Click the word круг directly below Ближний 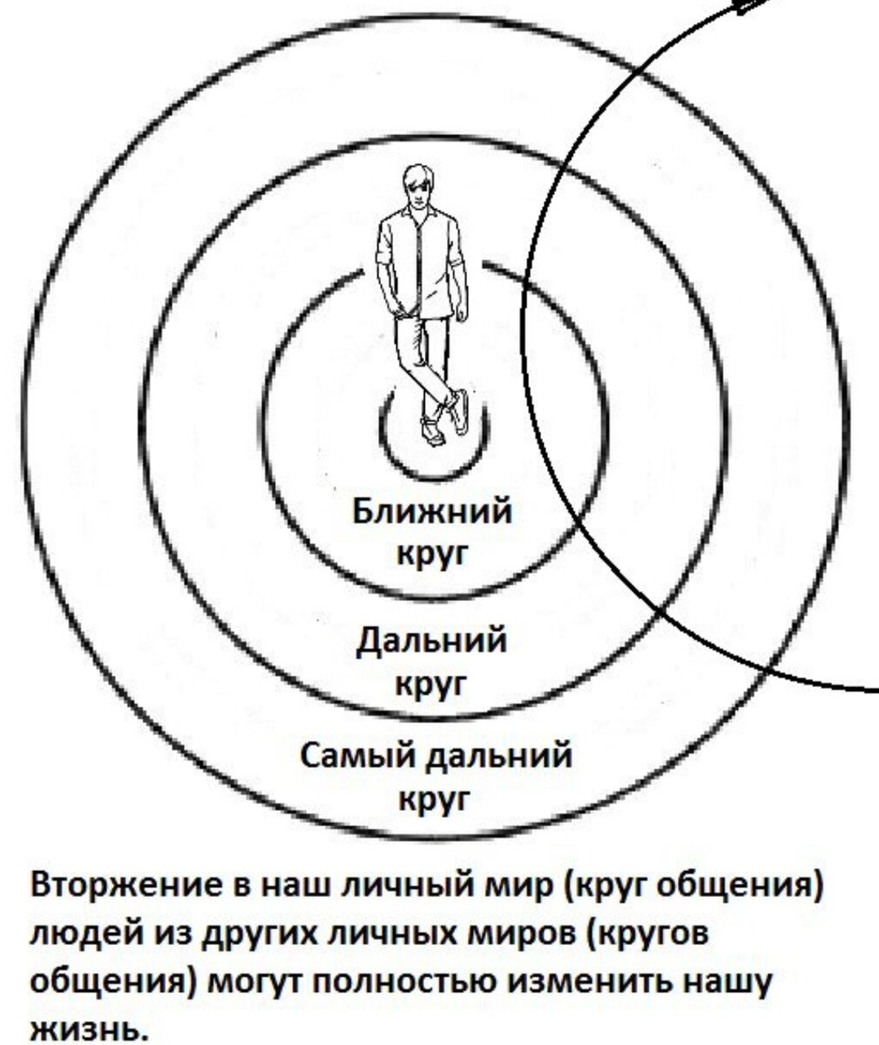(433, 554)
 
